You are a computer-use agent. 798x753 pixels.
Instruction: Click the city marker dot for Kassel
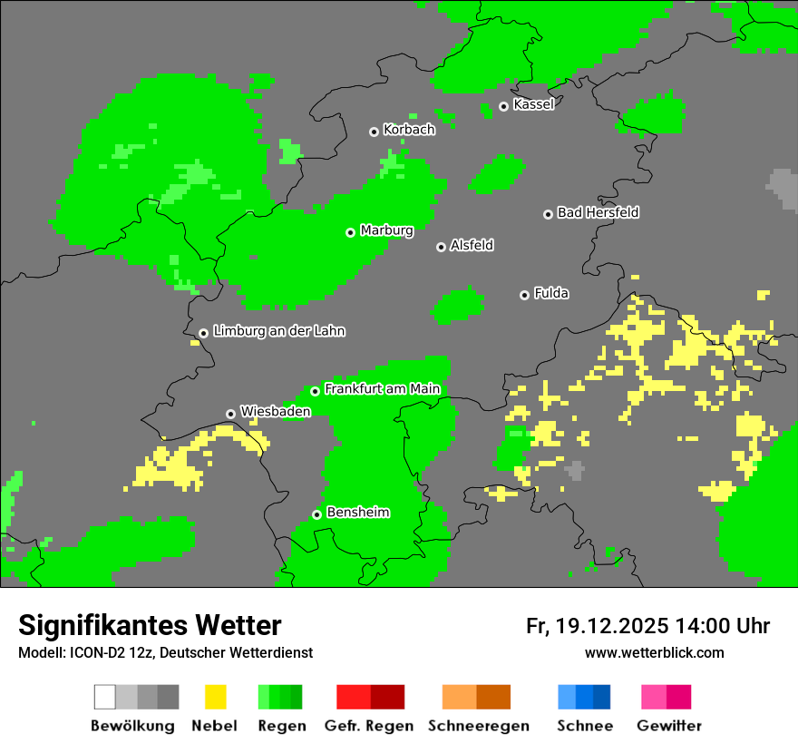(503, 106)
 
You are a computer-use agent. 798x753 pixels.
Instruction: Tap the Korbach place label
(409, 130)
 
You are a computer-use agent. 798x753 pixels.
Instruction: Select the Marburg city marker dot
(350, 232)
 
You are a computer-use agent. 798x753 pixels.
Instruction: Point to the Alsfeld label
(472, 245)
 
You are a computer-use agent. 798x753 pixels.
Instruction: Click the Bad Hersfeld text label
(598, 212)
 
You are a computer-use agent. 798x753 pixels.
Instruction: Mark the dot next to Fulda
(524, 295)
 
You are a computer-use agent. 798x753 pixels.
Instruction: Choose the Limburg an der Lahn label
(278, 331)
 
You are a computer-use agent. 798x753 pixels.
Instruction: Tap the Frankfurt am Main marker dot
(315, 391)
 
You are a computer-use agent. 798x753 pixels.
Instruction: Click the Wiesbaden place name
(275, 411)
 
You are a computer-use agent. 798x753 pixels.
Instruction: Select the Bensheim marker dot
(316, 514)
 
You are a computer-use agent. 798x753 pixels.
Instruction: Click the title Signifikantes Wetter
(150, 626)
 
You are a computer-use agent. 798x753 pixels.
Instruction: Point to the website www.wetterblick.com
(654, 653)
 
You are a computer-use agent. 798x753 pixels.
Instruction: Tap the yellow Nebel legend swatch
(215, 697)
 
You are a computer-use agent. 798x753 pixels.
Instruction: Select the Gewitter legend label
(669, 726)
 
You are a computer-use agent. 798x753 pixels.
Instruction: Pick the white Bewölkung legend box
(105, 697)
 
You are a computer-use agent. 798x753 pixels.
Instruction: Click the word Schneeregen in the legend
(479, 726)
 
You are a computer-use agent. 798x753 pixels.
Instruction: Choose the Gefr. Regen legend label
(369, 726)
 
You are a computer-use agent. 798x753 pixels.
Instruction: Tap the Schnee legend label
(585, 726)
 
